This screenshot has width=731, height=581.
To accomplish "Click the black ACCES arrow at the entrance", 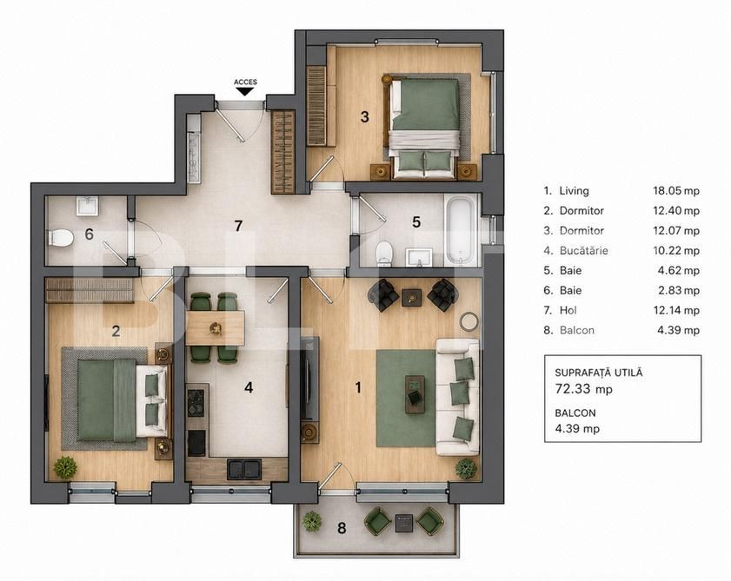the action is pyautogui.click(x=245, y=91).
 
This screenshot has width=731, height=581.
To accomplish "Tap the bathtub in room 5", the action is pyautogui.click(x=462, y=231).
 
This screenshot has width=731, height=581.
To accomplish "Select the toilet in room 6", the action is pyautogui.click(x=61, y=238).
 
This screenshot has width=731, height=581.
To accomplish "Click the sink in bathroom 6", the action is pyautogui.click(x=87, y=206).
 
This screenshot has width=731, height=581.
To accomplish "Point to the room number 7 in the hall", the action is pyautogui.click(x=239, y=226).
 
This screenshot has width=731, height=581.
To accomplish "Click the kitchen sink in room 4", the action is pyautogui.click(x=244, y=469).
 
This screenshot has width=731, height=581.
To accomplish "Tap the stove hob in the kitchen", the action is pyautogui.click(x=197, y=402).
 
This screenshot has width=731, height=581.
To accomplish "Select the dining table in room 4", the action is pyautogui.click(x=215, y=328).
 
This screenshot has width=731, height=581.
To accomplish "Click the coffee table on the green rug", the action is pyautogui.click(x=415, y=393).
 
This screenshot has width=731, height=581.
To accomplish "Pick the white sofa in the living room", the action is pyautogui.click(x=457, y=397).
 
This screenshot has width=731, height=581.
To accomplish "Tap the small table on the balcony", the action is pyautogui.click(x=404, y=523).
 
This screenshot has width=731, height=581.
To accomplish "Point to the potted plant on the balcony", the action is pyautogui.click(x=312, y=521).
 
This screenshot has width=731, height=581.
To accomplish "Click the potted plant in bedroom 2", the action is pyautogui.click(x=65, y=467).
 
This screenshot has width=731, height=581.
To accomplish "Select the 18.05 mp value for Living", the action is pyautogui.click(x=676, y=190).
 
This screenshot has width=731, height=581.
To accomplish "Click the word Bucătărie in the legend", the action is pyautogui.click(x=584, y=251).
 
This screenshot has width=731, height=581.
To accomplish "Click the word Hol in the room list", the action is pyautogui.click(x=568, y=310).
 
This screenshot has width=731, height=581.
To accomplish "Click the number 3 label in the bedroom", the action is pyautogui.click(x=364, y=116).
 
